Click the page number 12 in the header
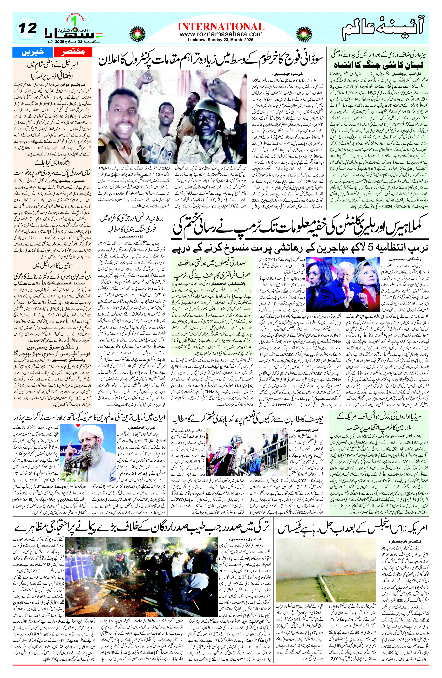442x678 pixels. (28, 28)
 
